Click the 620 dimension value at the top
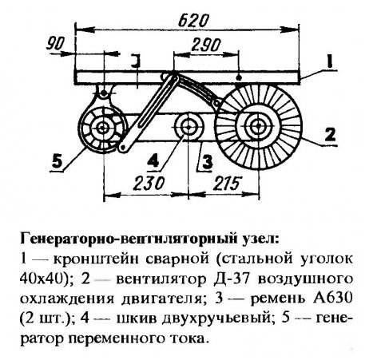coord(193,21)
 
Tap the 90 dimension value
coord(55,44)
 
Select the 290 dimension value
coord(206,45)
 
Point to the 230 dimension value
coord(149,183)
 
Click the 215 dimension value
coord(227,183)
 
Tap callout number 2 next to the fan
coord(330,135)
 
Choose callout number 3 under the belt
coord(208,162)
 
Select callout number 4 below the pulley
coord(153,160)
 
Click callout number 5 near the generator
coord(58,161)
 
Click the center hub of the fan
coord(257,127)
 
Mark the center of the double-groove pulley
coord(188,127)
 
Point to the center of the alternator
coord(102,129)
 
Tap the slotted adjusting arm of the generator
coord(148,113)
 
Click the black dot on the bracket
coord(239,77)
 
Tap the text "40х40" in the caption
coord(42,279)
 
